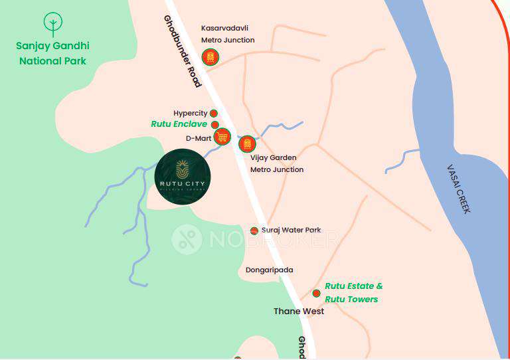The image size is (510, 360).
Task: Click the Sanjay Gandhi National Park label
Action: (x=53, y=53)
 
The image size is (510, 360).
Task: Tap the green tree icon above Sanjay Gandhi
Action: (x=53, y=25)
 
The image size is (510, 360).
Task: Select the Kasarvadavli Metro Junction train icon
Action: (x=211, y=58)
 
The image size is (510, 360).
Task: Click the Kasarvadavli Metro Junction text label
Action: (x=228, y=34)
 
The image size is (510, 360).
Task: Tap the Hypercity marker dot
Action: (x=214, y=114)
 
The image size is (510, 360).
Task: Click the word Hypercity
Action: (x=190, y=114)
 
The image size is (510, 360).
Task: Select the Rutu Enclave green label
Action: (x=179, y=124)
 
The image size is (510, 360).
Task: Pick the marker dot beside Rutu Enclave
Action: (x=215, y=125)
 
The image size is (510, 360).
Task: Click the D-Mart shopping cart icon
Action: (x=222, y=137)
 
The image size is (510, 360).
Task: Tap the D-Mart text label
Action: (x=198, y=138)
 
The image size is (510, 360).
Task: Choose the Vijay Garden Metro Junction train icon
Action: (x=247, y=143)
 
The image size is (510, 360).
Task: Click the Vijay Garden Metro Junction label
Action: (x=277, y=163)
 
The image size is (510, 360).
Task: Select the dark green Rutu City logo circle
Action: (x=183, y=176)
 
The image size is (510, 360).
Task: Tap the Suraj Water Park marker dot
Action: (x=254, y=230)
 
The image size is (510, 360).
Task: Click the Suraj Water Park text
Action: (x=291, y=230)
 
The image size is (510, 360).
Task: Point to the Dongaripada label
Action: (x=269, y=270)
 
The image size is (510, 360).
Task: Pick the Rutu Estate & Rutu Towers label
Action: (x=353, y=292)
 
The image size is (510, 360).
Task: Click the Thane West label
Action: (x=299, y=311)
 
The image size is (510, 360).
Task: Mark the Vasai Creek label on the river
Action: (x=458, y=189)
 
